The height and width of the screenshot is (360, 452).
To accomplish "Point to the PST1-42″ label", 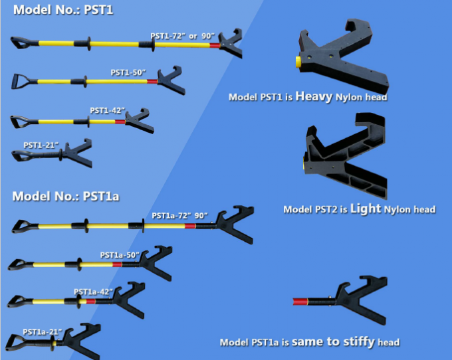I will click(108, 110).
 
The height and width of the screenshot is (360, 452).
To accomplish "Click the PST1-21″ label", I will click(42, 145).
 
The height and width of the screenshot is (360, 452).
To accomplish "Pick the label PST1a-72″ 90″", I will click(180, 215).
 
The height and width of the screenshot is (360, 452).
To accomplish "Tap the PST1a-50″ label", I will click(119, 254).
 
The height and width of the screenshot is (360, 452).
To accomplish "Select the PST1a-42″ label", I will click(92, 292).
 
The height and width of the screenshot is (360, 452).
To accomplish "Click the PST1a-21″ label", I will click(42, 331).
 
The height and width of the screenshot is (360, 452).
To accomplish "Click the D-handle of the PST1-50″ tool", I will click(21, 82).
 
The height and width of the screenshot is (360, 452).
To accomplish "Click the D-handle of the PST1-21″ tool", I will click(20, 155).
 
